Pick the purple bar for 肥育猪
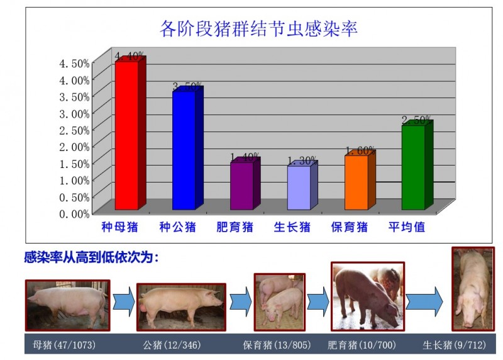pos(241,186)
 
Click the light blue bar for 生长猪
pos(299,188)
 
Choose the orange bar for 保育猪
pos(356,182)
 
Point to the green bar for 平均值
pos(413,167)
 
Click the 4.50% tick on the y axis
pos(74,64)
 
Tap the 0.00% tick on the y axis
pos(74,213)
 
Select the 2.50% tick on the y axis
pos(74,130)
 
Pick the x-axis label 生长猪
pos(292,227)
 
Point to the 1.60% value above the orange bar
pos(360,151)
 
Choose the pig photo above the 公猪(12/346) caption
pos(181,307)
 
